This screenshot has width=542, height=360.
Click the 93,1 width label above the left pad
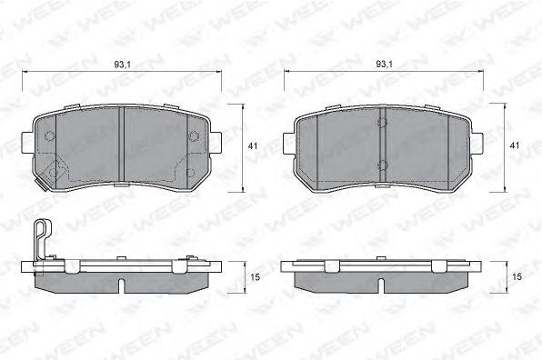pos(122,65)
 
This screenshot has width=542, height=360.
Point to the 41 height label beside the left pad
pos(253,146)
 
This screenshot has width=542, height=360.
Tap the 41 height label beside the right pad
pos(515,146)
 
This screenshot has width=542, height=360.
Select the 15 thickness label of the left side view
pos(256,277)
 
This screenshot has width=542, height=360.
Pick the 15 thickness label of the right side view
pos(517,277)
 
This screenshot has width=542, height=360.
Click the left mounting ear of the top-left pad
pos(28,143)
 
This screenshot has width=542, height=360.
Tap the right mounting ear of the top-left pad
pos(216,143)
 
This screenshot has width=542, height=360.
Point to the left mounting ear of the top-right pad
pos(290,144)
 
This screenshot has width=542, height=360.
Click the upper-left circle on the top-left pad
pos(50,136)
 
